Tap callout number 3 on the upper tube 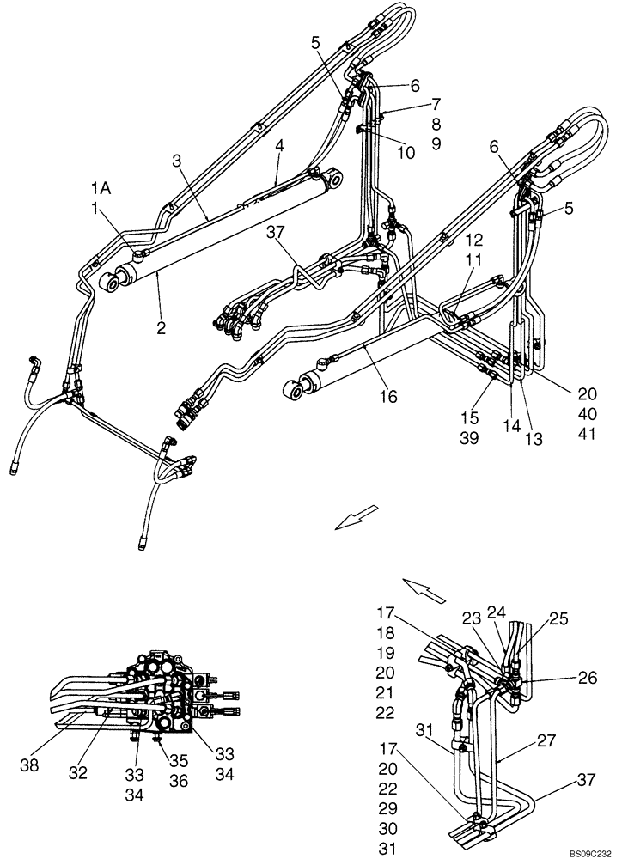176,160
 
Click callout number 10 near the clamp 406,152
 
